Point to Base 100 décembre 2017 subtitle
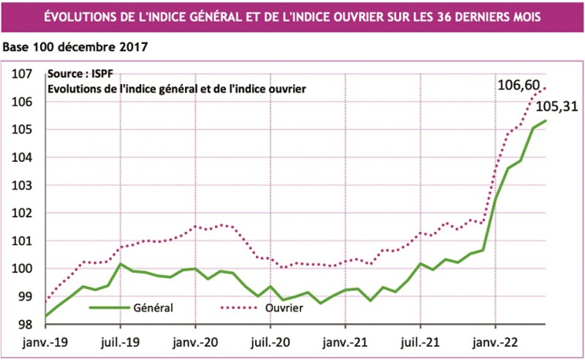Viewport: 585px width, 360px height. click(76, 47)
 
